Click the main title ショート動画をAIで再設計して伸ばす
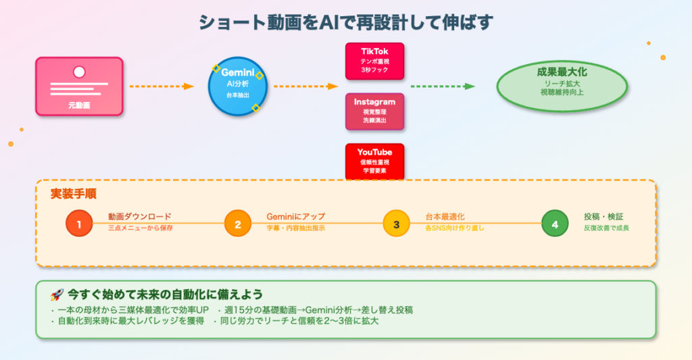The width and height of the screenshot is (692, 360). click(345, 22)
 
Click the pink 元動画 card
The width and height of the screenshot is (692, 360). click(79, 86)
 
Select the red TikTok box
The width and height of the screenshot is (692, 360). click(374, 61)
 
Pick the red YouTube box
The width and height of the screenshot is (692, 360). click(374, 161)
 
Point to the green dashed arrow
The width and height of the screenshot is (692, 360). click(443, 86)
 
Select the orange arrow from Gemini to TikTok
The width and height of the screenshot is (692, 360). click(305, 86)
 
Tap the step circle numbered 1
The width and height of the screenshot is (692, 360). click(79, 224)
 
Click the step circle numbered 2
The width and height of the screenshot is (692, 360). click(238, 224)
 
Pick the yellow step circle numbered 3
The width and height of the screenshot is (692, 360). click(396, 224)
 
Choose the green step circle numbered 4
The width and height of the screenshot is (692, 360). click(555, 224)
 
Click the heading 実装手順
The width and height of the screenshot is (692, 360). click(73, 194)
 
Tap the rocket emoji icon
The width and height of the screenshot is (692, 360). click(57, 295)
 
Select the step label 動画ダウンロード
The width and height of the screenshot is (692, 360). click(139, 217)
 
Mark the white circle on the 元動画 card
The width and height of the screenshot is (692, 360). click(79, 71)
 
